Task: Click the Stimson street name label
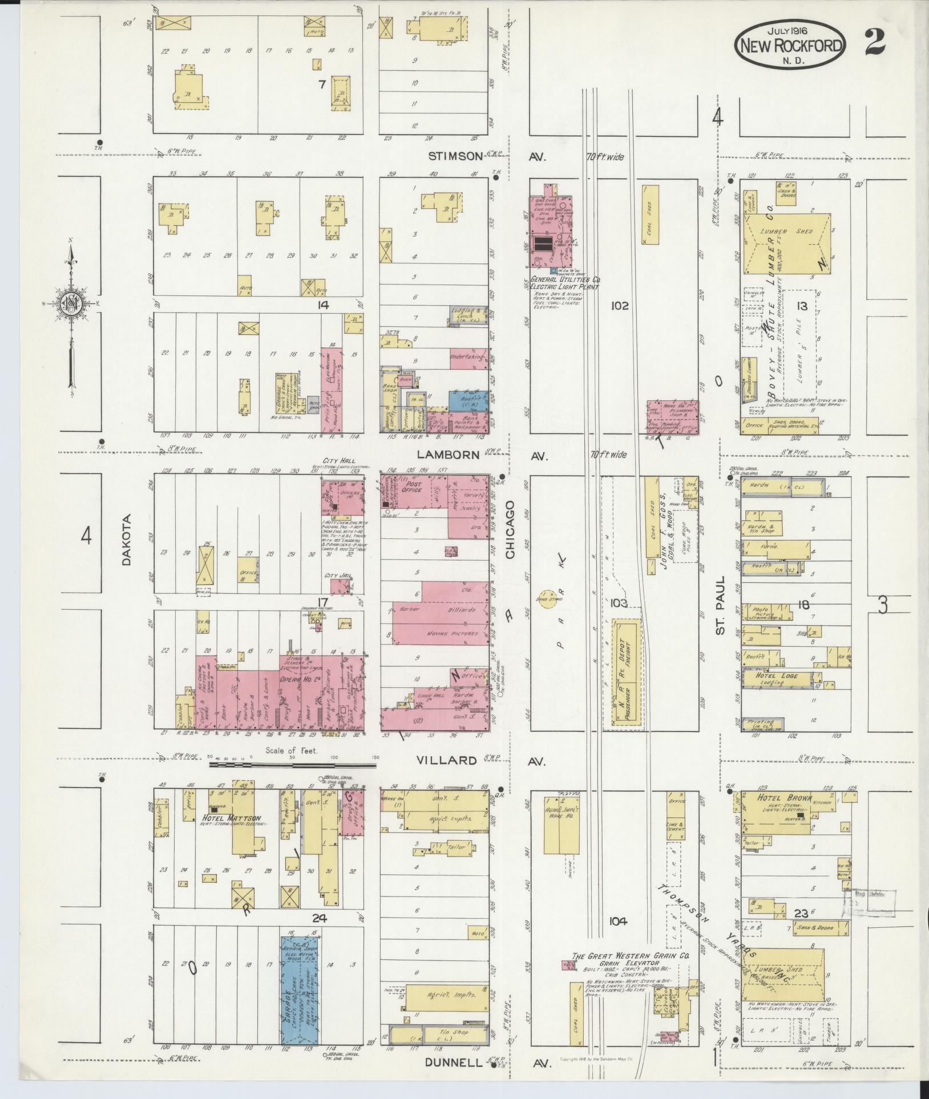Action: click(x=455, y=156)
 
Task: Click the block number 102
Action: click(x=619, y=306)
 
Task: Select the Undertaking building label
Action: click(x=466, y=357)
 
